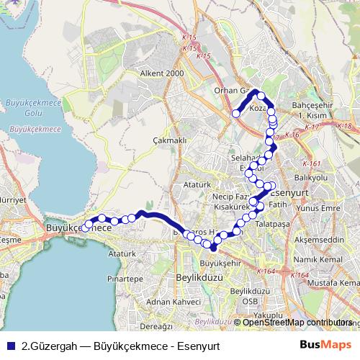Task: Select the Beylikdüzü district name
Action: [197, 276]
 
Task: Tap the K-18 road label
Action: [346, 126]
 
